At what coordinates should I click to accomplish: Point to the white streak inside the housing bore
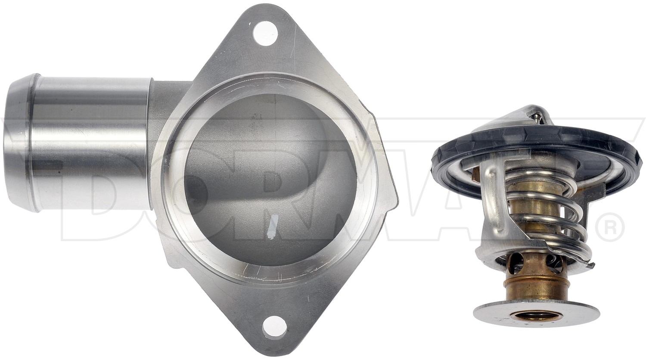click(x=272, y=227)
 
